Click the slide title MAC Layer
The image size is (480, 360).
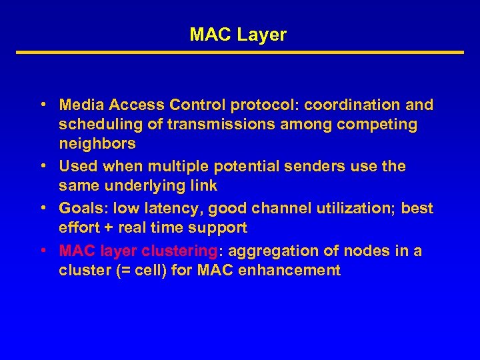click(238, 35)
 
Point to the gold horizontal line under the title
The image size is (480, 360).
click(239, 52)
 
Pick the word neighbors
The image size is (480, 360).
click(97, 143)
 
